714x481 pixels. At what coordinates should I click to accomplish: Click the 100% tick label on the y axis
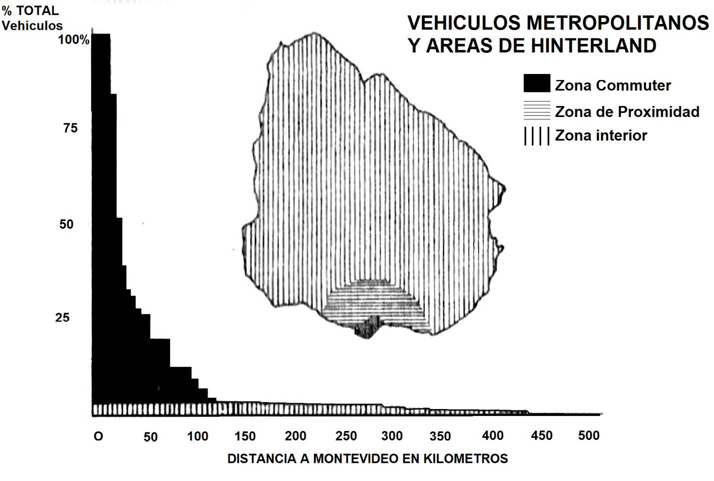[73, 40]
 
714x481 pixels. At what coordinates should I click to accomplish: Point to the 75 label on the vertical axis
[70, 128]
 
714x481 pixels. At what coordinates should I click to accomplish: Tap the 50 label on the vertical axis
[66, 224]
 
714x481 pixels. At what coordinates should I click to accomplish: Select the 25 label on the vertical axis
[62, 317]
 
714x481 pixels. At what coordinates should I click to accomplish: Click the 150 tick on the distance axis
[245, 436]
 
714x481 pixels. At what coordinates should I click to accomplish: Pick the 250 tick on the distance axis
[346, 436]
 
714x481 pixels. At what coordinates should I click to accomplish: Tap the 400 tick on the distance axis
[492, 436]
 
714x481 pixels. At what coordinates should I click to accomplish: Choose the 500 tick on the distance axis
[588, 435]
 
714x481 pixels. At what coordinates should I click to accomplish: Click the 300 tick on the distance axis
[392, 436]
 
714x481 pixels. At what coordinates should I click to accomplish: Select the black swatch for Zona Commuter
[536, 83]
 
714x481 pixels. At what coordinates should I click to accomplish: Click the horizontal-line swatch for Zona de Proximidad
[536, 110]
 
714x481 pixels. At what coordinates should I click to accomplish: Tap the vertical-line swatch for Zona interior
[536, 136]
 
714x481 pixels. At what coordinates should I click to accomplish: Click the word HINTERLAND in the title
[593, 46]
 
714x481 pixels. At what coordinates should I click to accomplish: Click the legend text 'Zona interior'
[600, 135]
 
